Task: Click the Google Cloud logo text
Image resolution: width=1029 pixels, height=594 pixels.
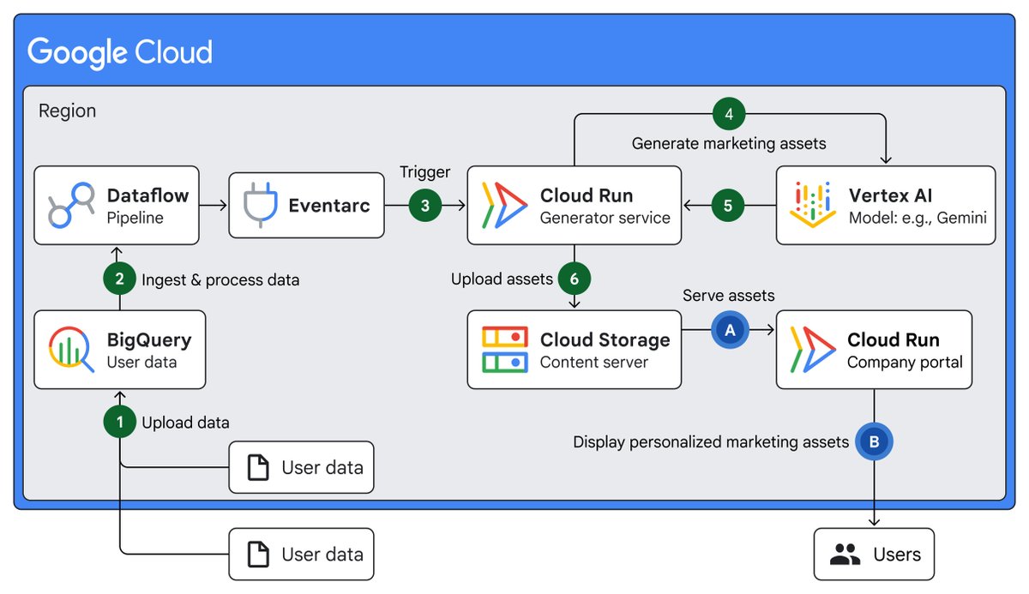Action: point(120,53)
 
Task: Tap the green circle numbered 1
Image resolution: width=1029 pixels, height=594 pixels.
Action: point(119,422)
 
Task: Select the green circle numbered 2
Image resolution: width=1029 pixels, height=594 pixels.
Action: point(119,279)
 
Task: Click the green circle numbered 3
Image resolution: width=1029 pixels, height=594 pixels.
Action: point(425,206)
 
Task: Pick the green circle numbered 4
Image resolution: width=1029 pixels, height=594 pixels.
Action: point(729,113)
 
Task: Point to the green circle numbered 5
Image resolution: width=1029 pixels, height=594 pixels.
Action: point(728,206)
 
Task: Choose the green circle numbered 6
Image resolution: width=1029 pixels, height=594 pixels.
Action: point(575,279)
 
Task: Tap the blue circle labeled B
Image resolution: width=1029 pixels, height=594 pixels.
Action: point(874,442)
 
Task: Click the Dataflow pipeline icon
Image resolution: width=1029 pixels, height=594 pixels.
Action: point(70,206)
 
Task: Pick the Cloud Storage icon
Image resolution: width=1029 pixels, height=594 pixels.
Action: point(504,350)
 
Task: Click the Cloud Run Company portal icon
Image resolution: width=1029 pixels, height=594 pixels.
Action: point(811,350)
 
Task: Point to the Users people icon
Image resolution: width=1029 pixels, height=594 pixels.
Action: point(845,555)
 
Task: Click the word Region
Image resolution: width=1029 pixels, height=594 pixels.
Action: point(68,111)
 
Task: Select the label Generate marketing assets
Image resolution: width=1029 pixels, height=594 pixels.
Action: point(729,143)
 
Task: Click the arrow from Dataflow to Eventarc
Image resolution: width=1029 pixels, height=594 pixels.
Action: point(214,206)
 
